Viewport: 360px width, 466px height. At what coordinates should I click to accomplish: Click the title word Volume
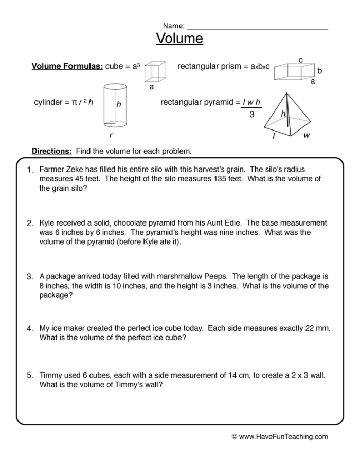179,39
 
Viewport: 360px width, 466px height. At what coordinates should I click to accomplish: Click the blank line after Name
257,27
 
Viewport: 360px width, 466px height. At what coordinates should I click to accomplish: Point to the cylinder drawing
115,105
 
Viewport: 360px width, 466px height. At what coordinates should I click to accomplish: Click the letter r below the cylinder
111,136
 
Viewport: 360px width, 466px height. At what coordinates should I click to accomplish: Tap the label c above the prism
300,60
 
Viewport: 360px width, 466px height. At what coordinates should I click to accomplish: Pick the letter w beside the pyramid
307,136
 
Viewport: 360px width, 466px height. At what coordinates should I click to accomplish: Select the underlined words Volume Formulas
67,67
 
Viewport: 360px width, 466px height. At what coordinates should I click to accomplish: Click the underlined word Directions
51,151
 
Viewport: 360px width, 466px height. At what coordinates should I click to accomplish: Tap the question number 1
30,170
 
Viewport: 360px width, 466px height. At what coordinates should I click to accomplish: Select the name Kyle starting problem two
48,223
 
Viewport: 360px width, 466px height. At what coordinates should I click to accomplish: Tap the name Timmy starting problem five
50,375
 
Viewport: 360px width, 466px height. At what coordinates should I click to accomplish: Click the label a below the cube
152,87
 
